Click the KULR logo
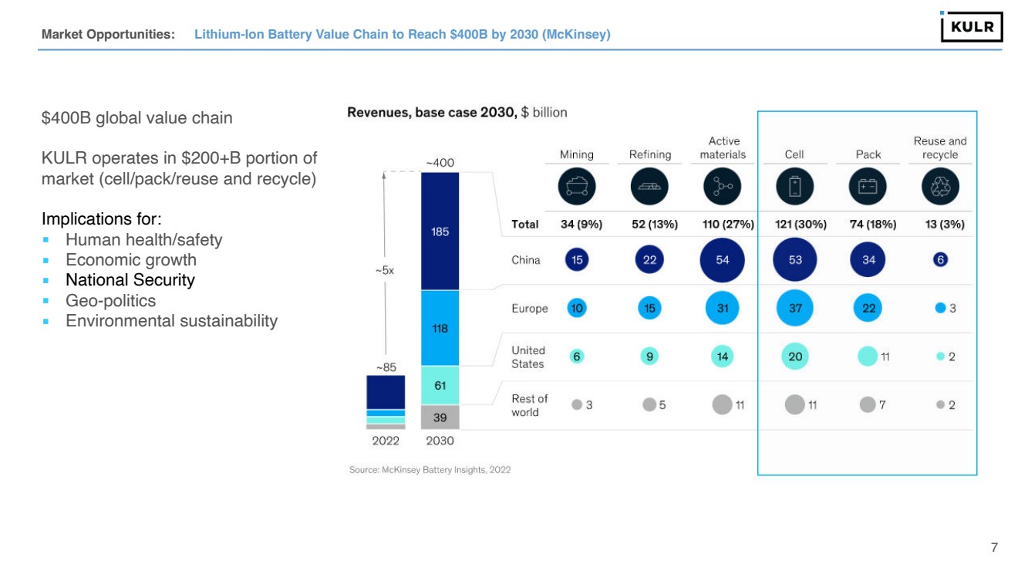(x=971, y=27)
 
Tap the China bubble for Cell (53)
(x=795, y=260)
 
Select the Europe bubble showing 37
(x=795, y=308)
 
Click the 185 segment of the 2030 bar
(x=440, y=232)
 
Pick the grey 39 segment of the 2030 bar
(x=440, y=417)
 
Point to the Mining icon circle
(x=577, y=187)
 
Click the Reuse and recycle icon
(x=940, y=187)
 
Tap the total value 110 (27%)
(x=722, y=225)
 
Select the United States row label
(x=528, y=357)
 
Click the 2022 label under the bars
(x=386, y=441)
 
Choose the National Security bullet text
(x=130, y=280)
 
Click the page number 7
(x=994, y=548)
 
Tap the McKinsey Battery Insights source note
(x=430, y=470)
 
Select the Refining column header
(x=649, y=154)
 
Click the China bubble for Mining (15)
(x=577, y=260)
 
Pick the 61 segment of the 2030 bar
(x=440, y=386)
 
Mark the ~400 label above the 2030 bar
(x=440, y=163)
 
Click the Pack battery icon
(x=868, y=187)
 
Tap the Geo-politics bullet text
(x=110, y=301)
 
